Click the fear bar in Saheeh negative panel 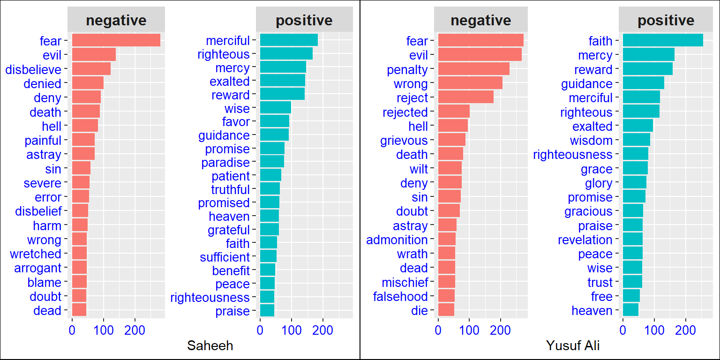116,40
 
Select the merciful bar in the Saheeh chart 289,40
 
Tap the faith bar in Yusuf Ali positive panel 662,40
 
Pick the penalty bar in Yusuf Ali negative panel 473,69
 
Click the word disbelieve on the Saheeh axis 33,69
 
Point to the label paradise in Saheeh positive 225,163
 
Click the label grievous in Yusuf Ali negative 405,140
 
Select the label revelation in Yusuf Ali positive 585,240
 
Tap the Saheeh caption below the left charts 210,346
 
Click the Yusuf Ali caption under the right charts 573,346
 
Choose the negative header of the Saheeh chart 116,20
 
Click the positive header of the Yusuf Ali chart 666,20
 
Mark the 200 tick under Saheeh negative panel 135,330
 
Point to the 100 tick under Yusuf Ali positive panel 654,330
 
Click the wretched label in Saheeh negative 36,254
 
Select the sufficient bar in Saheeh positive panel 268,256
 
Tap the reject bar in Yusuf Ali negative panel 465,97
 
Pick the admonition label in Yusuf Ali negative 397,240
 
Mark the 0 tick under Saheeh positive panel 260,330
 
